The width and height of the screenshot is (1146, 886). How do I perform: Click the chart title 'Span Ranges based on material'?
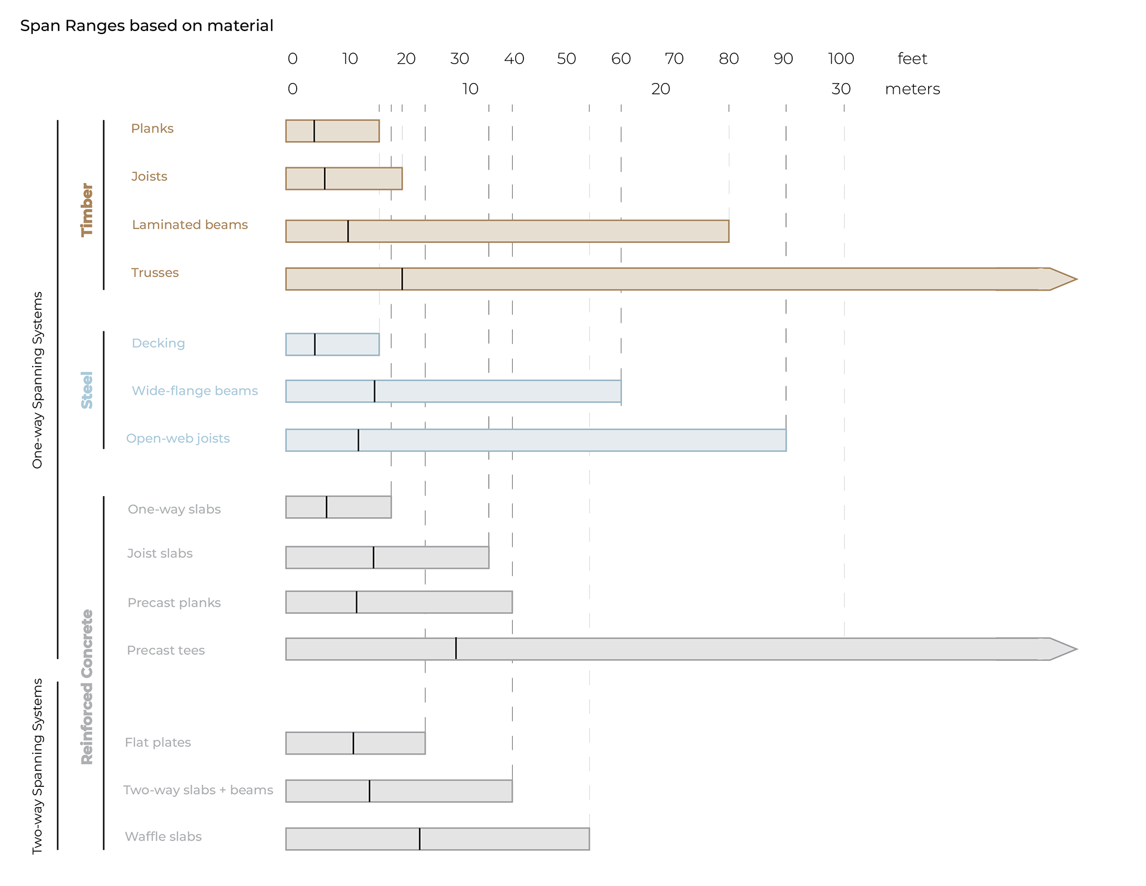click(x=147, y=26)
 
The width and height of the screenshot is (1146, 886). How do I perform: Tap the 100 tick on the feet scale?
click(x=841, y=59)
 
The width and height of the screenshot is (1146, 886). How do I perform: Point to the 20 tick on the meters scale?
click(x=660, y=89)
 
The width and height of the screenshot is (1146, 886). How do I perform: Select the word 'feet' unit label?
click(x=912, y=59)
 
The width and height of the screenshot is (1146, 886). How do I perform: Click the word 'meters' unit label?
click(x=912, y=89)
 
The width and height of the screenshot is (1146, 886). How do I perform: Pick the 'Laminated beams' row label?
click(x=190, y=224)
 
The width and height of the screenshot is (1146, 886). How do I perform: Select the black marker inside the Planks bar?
click(x=314, y=131)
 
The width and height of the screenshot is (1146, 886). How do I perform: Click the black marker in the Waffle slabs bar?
click(x=420, y=839)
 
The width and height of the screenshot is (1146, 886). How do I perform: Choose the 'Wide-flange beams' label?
click(x=195, y=390)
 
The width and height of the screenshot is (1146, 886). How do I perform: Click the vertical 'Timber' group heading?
click(x=87, y=210)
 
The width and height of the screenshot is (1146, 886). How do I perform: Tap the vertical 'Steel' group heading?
click(x=87, y=390)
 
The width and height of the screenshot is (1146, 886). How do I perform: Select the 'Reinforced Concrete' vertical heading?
click(x=87, y=687)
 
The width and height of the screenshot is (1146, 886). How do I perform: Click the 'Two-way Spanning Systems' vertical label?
click(x=38, y=765)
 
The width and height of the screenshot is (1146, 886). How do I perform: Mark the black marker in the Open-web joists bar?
click(x=358, y=440)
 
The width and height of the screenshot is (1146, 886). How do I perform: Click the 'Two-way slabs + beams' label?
click(x=198, y=790)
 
